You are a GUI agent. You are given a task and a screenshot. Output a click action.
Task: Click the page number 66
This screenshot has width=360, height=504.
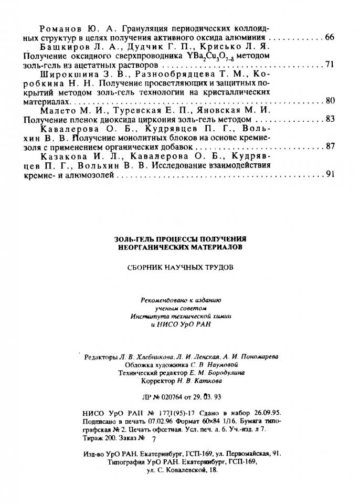[x=330, y=38]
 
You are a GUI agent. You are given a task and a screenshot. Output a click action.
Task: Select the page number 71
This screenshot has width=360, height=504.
[x=330, y=65]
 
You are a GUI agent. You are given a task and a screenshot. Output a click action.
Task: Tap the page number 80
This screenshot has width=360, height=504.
[x=330, y=100]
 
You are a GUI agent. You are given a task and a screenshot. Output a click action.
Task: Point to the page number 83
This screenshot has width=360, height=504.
[x=330, y=119]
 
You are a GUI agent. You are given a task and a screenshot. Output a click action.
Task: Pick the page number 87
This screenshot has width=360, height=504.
[x=330, y=146]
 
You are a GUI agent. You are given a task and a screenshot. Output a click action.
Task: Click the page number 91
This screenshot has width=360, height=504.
[x=330, y=174]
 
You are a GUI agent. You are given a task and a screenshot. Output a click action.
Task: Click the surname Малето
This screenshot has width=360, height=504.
[x=58, y=110]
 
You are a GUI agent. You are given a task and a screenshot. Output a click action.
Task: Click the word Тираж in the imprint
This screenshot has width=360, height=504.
[x=93, y=437]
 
